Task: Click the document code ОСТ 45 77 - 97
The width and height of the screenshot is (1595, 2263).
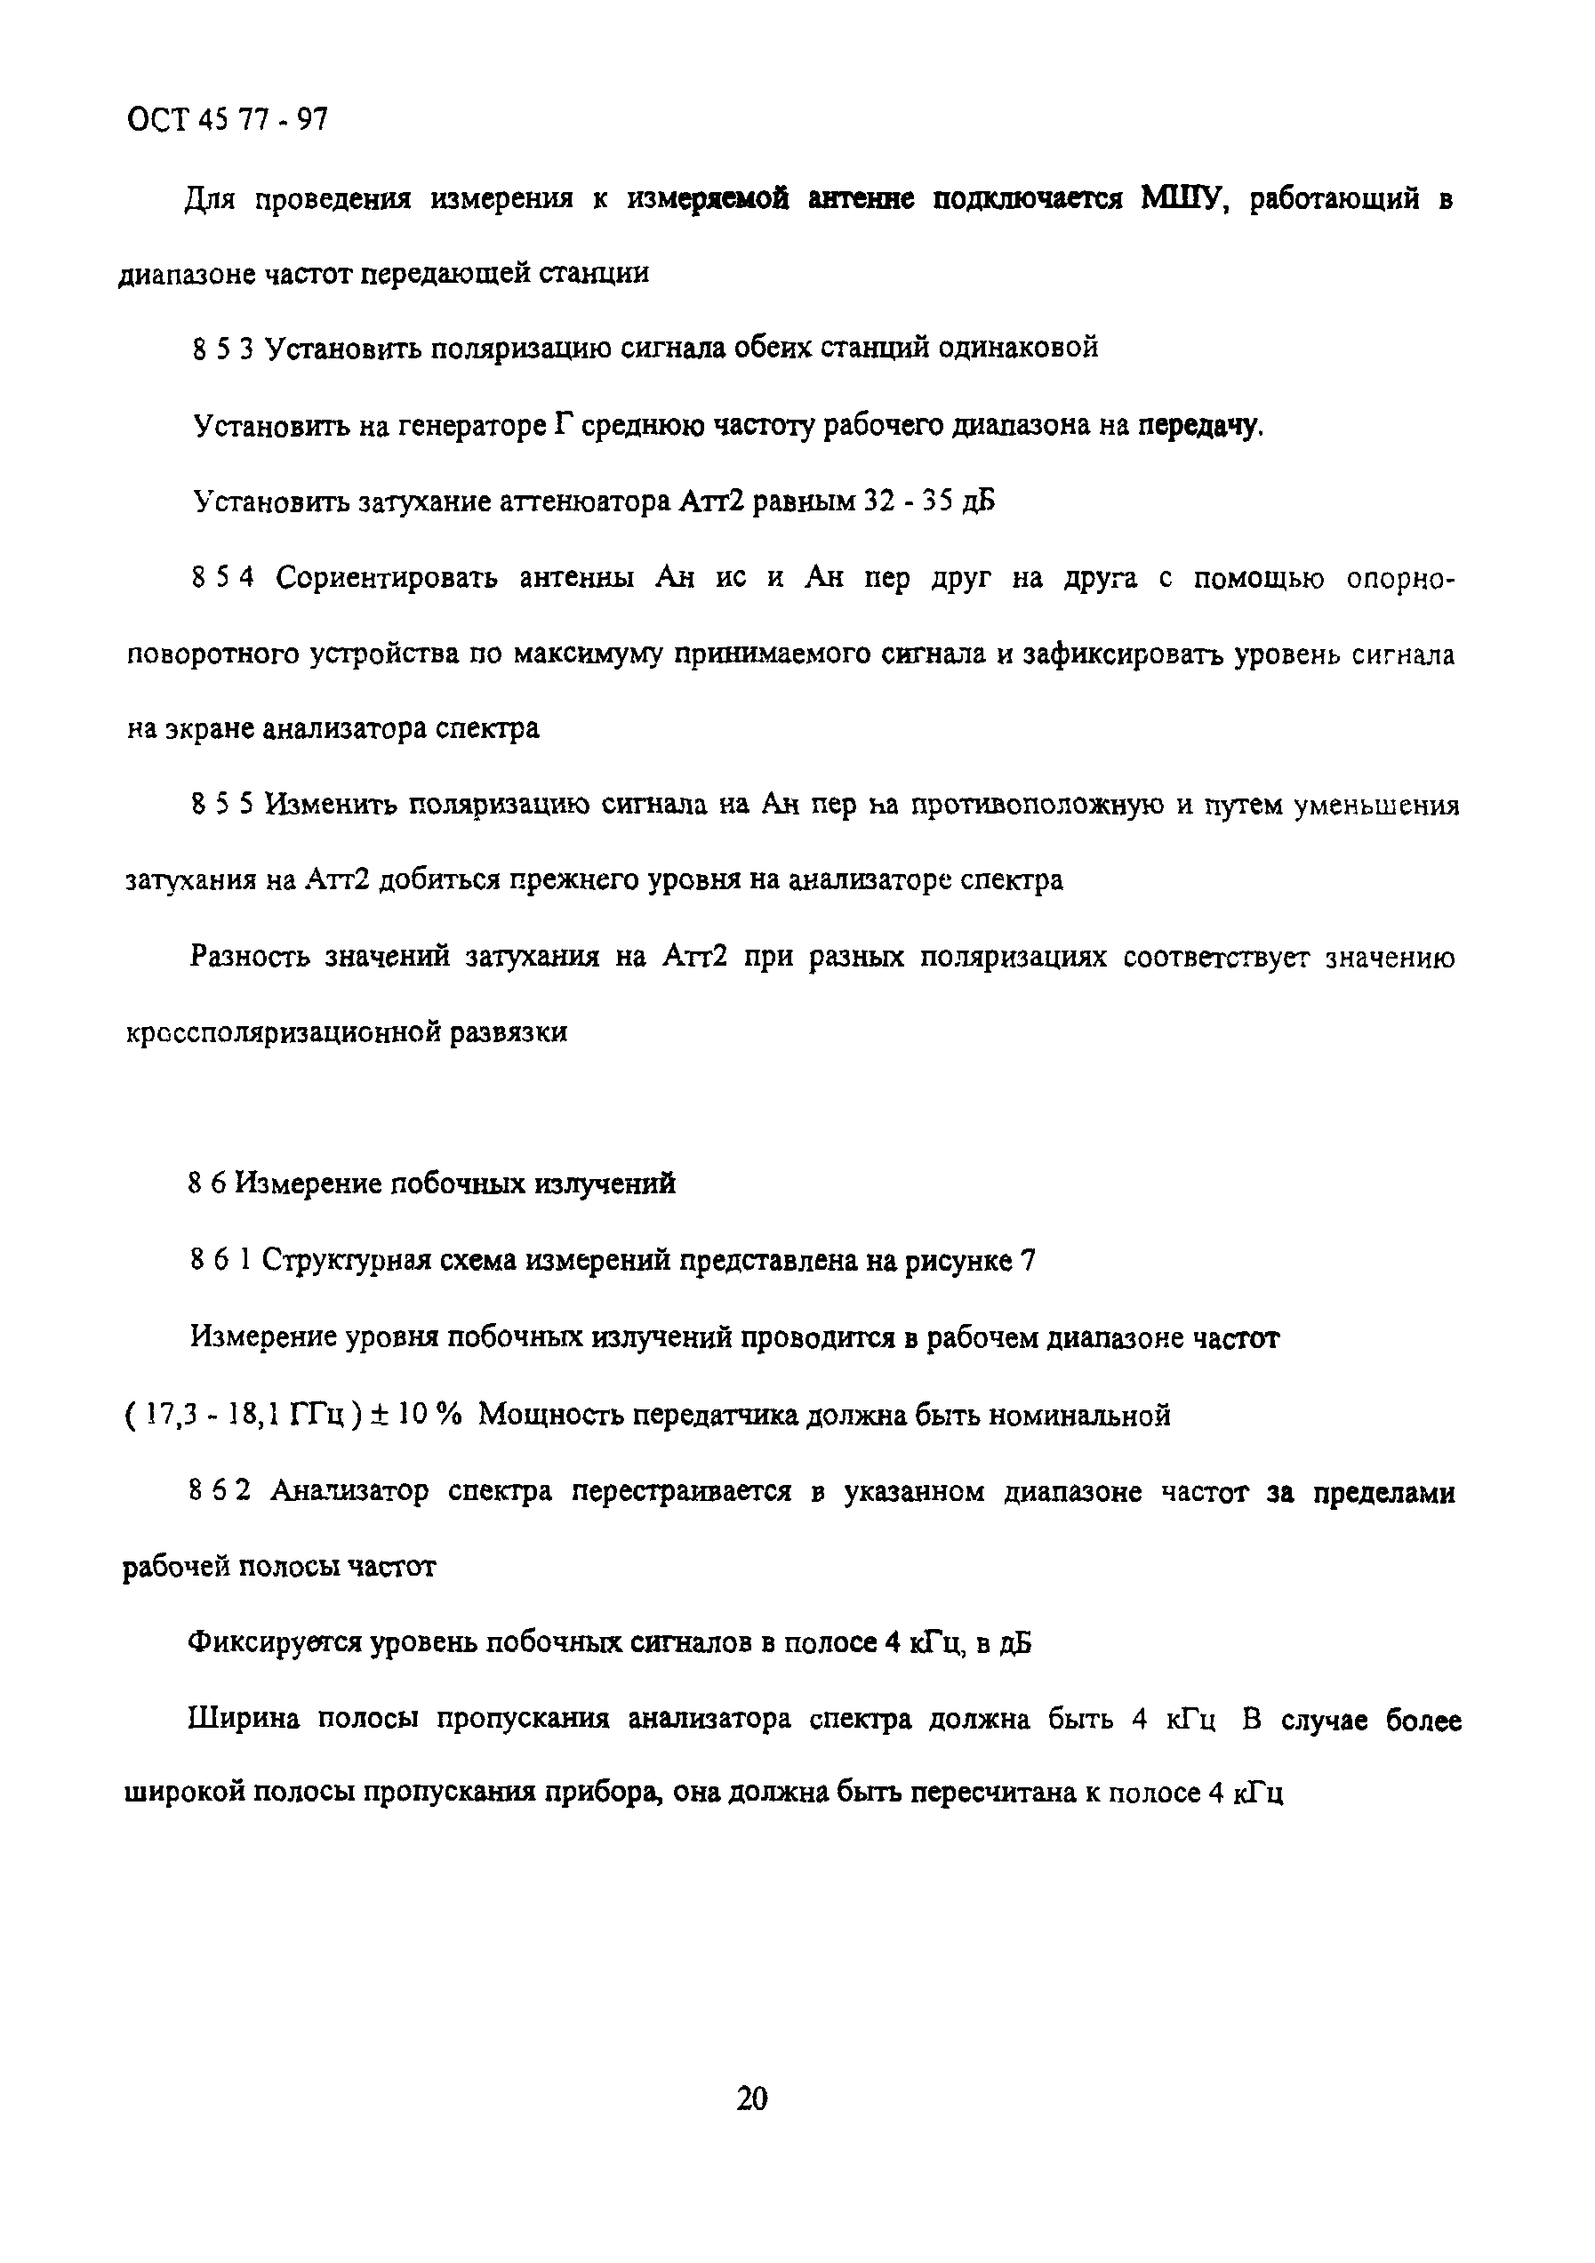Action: pyautogui.click(x=228, y=121)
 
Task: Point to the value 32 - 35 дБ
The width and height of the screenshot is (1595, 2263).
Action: pyautogui.click(x=928, y=501)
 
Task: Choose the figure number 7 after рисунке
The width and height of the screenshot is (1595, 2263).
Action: pyautogui.click(x=1028, y=1261)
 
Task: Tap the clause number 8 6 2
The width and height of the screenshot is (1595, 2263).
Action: pyautogui.click(x=220, y=1492)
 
